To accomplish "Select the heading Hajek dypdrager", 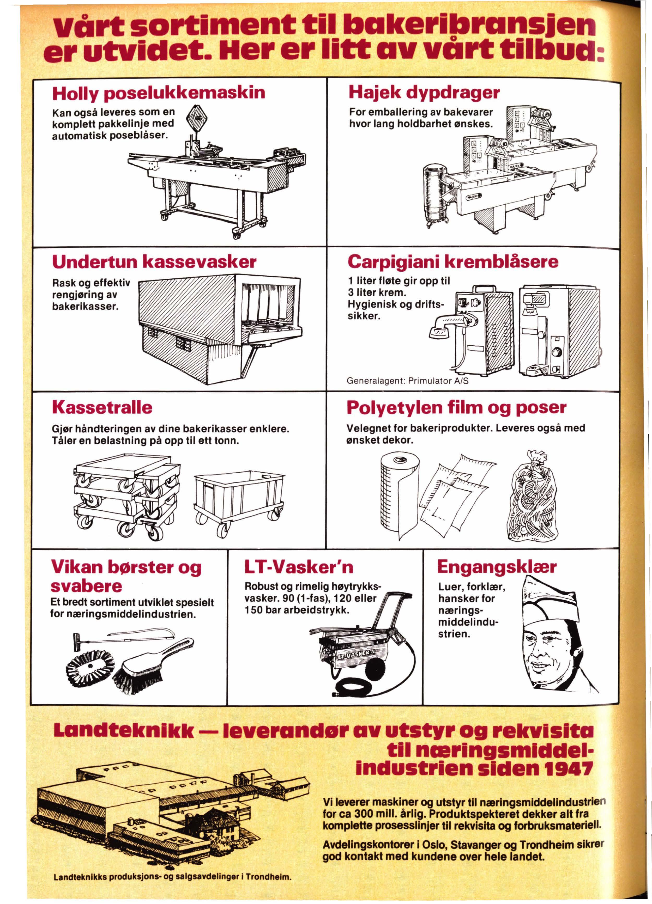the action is (424, 93).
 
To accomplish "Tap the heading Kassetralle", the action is (102, 407).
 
